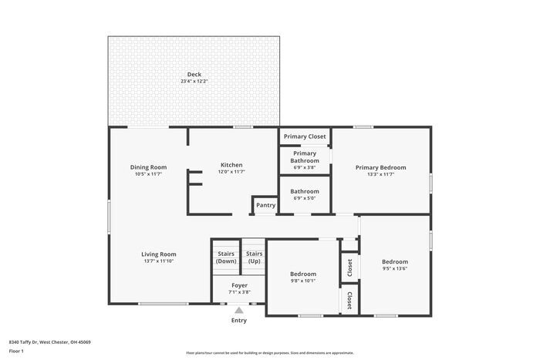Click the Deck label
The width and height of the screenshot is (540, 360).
[194, 75]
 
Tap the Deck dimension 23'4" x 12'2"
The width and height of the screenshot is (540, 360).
[194, 82]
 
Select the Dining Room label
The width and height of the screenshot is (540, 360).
[148, 167]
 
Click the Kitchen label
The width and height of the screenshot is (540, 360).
[231, 165]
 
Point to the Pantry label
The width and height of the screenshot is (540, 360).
[265, 206]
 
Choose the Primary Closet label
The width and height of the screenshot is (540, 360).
[305, 136]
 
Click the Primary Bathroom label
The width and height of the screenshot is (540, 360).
[305, 156]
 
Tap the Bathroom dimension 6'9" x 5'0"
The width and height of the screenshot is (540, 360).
[305, 197]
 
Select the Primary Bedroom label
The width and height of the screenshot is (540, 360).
[380, 167]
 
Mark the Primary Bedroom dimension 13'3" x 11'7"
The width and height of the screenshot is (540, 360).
[380, 174]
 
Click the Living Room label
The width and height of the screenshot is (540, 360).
[159, 254]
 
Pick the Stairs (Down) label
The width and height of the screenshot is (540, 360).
[226, 257]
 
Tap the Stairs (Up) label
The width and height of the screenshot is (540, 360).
[254, 257]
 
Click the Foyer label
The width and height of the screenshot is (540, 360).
[239, 285]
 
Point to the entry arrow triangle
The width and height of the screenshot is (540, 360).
[239, 310]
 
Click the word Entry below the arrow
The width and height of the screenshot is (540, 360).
[239, 320]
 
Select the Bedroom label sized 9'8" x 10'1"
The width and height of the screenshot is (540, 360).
[303, 274]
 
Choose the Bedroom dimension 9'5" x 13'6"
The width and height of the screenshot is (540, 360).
[395, 269]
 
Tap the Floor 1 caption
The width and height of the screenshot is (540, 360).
[16, 352]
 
